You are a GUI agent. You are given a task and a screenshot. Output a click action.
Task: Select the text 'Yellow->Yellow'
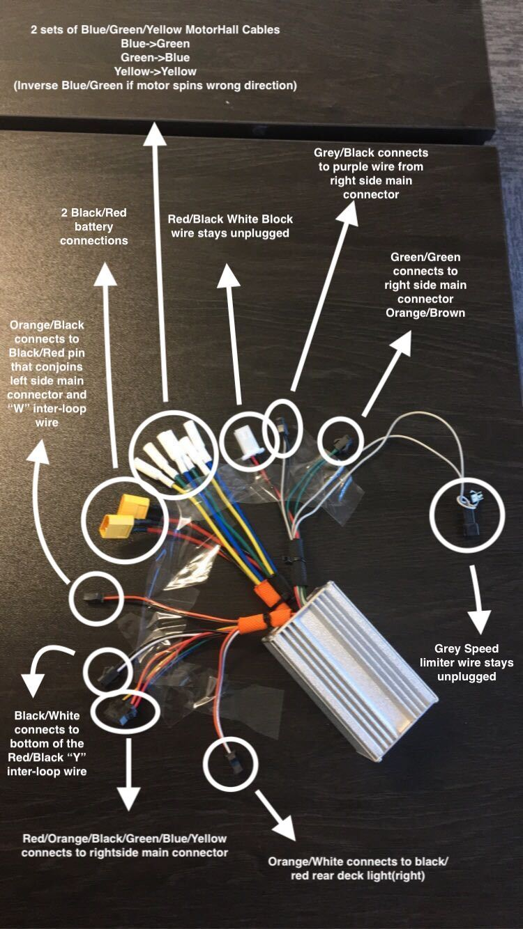point(156,71)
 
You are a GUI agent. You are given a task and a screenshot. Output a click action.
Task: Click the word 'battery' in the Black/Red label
point(93,227)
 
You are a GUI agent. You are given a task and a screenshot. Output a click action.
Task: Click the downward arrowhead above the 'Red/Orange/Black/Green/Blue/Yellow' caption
point(128,797)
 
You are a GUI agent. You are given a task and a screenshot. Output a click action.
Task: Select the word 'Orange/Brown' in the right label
point(425,313)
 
